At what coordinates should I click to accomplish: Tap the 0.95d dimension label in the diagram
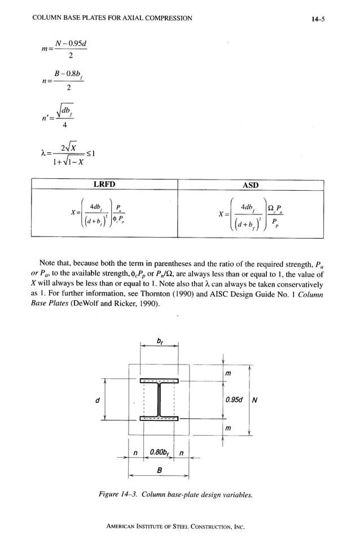[x=234, y=400]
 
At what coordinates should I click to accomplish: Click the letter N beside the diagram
[x=255, y=401]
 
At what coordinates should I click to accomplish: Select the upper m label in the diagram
[x=228, y=374]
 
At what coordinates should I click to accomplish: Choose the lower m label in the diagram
[x=228, y=429]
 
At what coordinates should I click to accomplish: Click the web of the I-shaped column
[x=160, y=400]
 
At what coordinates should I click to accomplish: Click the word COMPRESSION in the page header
[x=164, y=19]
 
